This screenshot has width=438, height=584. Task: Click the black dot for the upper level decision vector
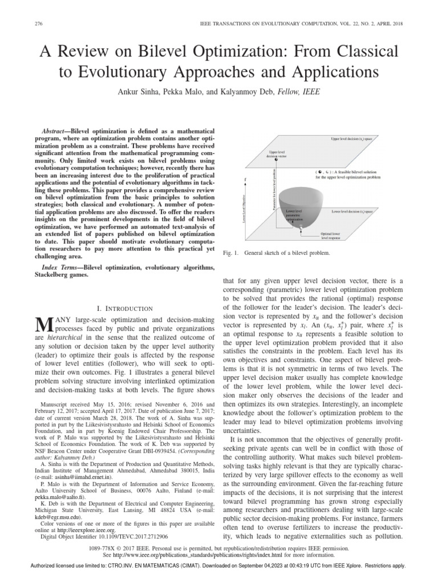[x=276, y=160]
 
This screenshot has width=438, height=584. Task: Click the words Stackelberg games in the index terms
[x=62, y=274]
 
